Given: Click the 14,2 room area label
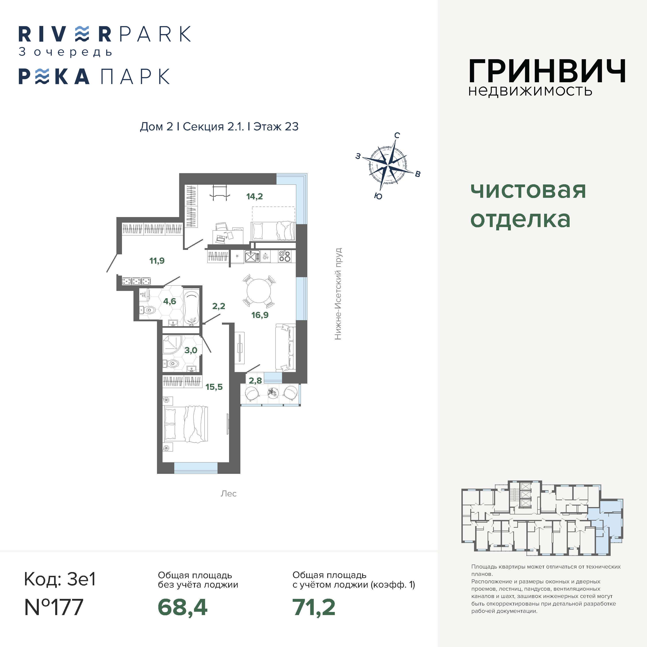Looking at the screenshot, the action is pyautogui.click(x=255, y=197).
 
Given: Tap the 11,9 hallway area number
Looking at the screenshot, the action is pyautogui.click(x=157, y=261).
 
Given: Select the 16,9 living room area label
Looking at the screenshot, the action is pyautogui.click(x=260, y=315).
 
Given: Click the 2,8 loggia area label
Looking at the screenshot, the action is pyautogui.click(x=255, y=380).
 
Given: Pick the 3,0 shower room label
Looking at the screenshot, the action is pyautogui.click(x=191, y=350).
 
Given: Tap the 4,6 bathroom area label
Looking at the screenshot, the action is pyautogui.click(x=169, y=301).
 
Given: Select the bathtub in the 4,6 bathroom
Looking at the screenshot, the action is pyautogui.click(x=192, y=308).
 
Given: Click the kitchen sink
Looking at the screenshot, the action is pyautogui.click(x=252, y=257).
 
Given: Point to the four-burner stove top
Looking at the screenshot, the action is pyautogui.click(x=285, y=256).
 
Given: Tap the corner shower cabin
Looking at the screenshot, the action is pyautogui.click(x=172, y=345).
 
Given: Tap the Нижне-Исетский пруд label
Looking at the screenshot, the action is pyautogui.click(x=338, y=294).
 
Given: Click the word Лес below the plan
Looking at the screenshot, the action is pyautogui.click(x=228, y=494).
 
